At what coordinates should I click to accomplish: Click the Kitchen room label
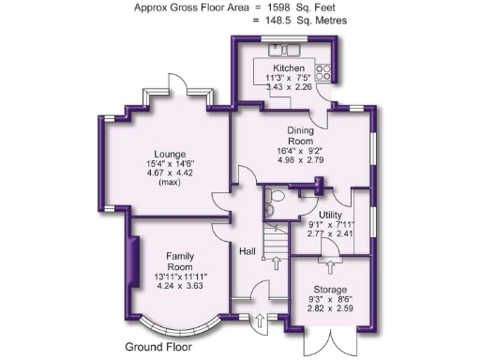pyautogui.click(x=289, y=69)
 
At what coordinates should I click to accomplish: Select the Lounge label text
pyautogui.click(x=171, y=155)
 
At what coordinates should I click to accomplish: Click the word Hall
pyautogui.click(x=247, y=251)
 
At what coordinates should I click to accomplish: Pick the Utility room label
pyautogui.click(x=330, y=215)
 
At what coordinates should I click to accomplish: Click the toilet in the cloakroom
pyautogui.click(x=271, y=205)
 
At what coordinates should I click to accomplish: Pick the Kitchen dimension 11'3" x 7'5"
pyautogui.click(x=289, y=79)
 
